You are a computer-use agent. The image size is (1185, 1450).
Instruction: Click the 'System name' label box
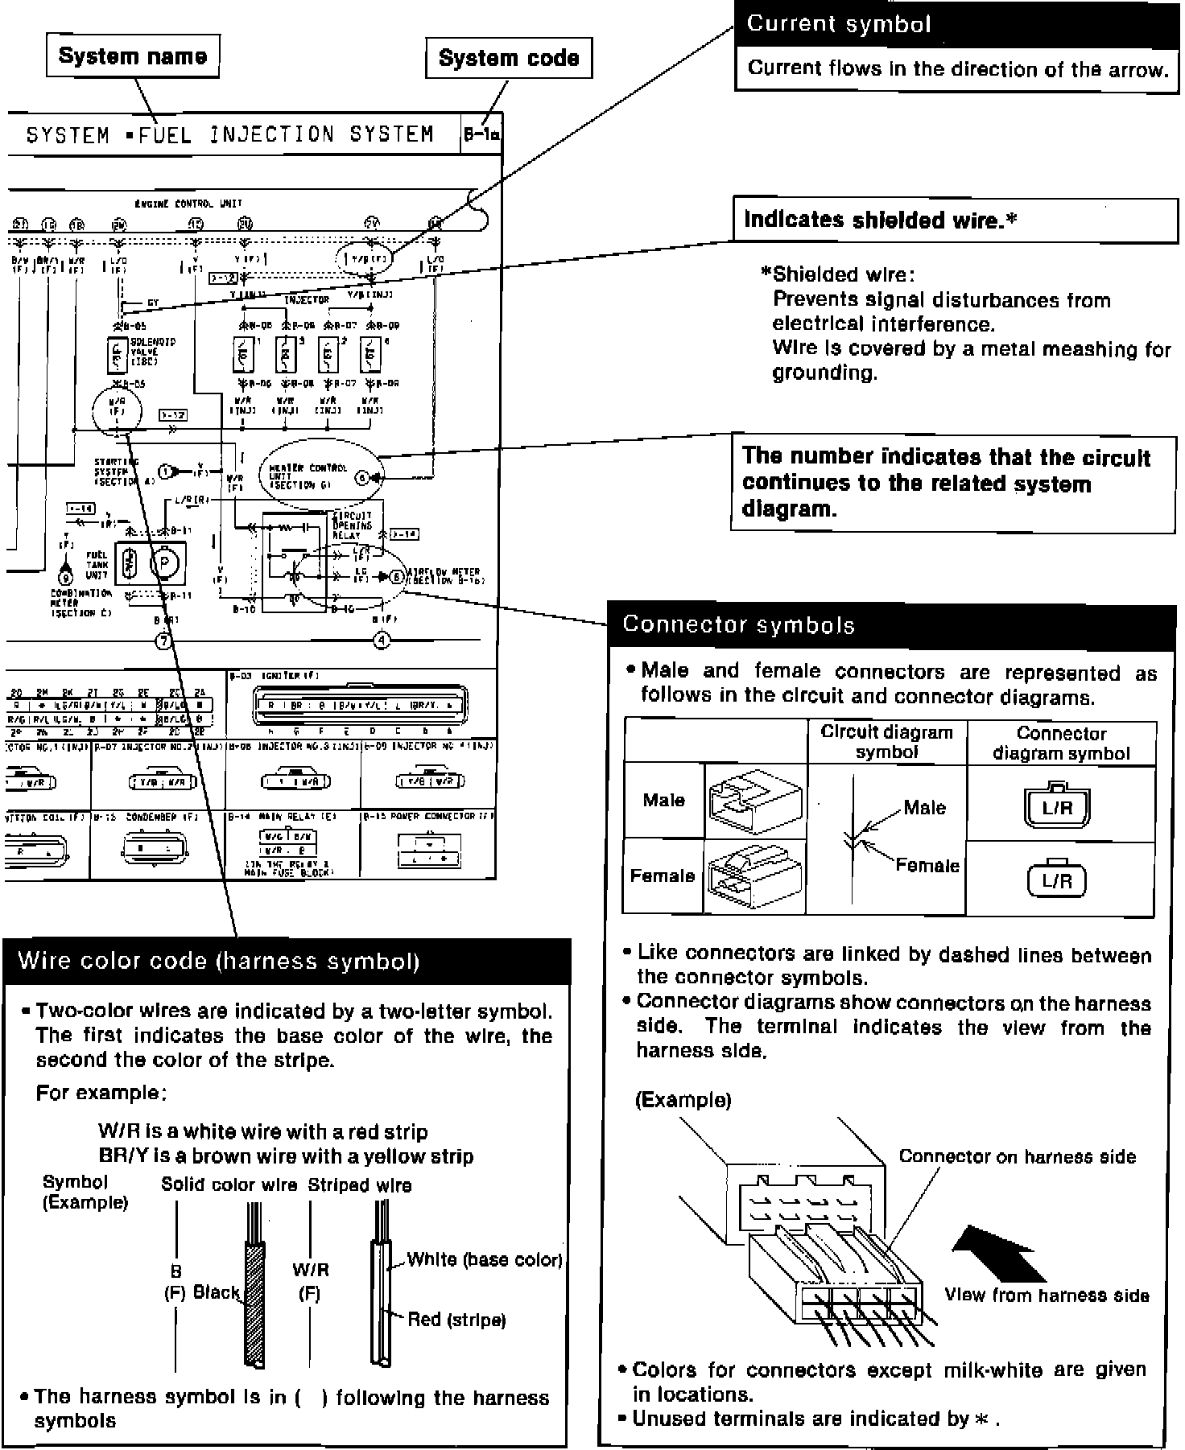(133, 56)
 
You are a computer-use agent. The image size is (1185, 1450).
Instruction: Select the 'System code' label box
(509, 58)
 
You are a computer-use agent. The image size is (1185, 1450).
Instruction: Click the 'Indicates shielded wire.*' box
(955, 220)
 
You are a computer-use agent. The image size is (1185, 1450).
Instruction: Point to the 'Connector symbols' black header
(890, 625)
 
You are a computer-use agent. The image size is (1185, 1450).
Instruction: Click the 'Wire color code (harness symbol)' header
(287, 962)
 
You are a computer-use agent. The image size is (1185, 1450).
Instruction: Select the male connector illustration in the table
(755, 801)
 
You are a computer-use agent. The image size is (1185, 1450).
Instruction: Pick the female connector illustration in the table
(755, 876)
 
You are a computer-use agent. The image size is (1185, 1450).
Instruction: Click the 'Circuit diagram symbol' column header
(886, 742)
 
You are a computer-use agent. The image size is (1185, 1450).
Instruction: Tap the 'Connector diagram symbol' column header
(1061, 743)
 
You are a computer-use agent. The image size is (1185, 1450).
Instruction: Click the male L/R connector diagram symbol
(1057, 807)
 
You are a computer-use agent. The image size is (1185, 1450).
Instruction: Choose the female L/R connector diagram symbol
(1057, 879)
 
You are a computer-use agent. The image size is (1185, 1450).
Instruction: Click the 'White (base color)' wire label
(484, 1259)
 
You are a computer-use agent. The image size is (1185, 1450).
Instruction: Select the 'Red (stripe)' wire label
(456, 1320)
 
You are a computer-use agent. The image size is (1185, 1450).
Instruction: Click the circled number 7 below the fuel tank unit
(164, 641)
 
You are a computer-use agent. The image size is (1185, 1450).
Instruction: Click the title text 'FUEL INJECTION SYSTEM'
(286, 134)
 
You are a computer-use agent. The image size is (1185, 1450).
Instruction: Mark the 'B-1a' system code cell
(481, 135)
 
